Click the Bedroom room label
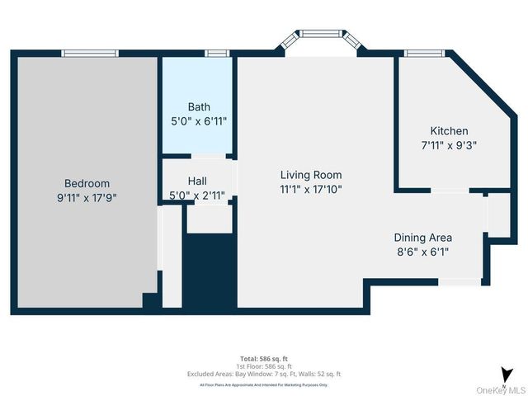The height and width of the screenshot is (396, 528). pos(87,183)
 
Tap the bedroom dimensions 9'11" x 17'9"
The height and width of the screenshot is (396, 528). pos(87,197)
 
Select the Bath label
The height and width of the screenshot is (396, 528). pos(199,106)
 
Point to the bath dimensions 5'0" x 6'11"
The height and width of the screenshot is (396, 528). pos(199,120)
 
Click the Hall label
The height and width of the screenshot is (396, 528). pos(197,181)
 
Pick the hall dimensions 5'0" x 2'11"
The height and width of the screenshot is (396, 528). pos(197,196)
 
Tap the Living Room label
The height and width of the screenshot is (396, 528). pos(311,175)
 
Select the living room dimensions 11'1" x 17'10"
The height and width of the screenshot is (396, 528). pos(311,189)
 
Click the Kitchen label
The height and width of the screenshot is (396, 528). pos(449,130)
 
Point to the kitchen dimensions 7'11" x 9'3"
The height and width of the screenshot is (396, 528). pos(449,144)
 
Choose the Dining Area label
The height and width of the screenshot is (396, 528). pos(422,238)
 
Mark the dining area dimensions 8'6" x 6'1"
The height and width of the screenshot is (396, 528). pos(422,252)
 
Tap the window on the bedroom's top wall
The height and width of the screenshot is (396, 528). pos(90,54)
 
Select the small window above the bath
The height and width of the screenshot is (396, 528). pos(216,54)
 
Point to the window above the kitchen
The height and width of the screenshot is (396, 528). pos(424,54)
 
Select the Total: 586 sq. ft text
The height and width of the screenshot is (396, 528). pos(263,359)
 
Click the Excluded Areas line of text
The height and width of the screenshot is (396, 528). pos(263,374)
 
